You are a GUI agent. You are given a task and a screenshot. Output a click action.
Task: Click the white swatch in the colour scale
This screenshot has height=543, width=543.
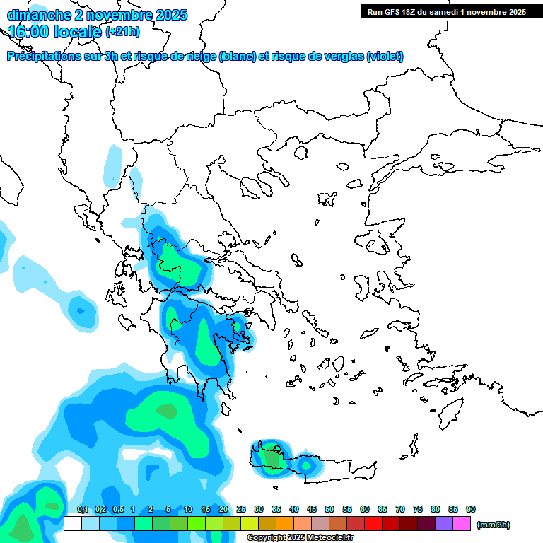(x=73, y=523)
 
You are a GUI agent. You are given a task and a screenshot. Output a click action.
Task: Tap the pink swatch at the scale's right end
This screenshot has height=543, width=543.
(x=462, y=523)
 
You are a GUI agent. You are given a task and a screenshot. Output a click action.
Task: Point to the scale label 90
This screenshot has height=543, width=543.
(x=471, y=509)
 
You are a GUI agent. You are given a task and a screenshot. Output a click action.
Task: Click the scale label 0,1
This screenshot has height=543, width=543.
(x=83, y=509)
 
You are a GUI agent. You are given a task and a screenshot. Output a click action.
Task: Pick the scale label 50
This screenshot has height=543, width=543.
(x=329, y=509)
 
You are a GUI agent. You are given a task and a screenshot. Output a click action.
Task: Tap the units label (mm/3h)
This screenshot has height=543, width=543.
(x=494, y=525)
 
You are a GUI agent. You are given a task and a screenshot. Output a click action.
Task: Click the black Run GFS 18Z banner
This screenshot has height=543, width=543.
(x=446, y=11)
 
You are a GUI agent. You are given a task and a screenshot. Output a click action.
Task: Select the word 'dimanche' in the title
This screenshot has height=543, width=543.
(x=38, y=14)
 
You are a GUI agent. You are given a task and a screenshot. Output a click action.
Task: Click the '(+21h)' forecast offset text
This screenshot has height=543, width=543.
(x=122, y=32)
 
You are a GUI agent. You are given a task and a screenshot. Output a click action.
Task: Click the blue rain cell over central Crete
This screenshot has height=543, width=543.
(x=306, y=465)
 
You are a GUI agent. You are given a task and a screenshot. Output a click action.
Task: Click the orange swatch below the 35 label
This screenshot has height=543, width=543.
(x=285, y=523)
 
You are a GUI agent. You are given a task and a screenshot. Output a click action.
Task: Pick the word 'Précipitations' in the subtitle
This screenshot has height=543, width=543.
(x=43, y=57)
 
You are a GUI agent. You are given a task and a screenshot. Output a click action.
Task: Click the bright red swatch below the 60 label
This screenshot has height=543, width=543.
(x=373, y=523)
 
